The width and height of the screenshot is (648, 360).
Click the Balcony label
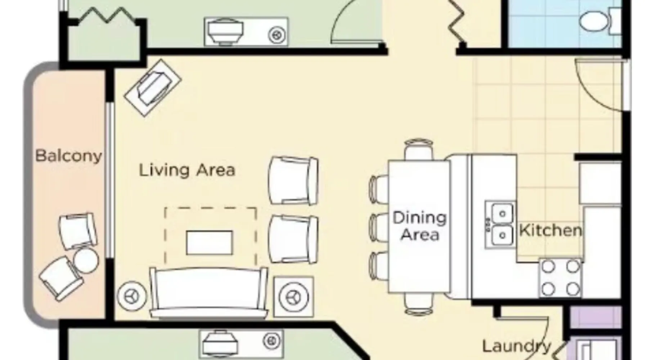pyautogui.click(x=69, y=156)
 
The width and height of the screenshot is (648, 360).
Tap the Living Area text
pyautogui.click(x=187, y=170)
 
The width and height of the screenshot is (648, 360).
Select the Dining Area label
pyautogui.click(x=420, y=226)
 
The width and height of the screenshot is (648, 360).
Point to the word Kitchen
pyautogui.click(x=550, y=230)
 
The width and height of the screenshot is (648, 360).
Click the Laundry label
pyautogui.click(x=517, y=346)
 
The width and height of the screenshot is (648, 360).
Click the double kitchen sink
pyautogui.click(x=499, y=225)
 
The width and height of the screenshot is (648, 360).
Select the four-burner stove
pyautogui.click(x=560, y=278)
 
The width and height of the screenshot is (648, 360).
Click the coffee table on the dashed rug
pyautogui.click(x=209, y=243)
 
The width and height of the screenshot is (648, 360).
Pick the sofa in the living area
pyautogui.click(x=209, y=293)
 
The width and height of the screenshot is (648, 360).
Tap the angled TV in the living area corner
pyautogui.click(x=153, y=88)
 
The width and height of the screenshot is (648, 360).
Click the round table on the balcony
pyautogui.click(x=86, y=260)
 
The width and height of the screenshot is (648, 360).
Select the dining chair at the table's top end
pyautogui.click(x=418, y=150)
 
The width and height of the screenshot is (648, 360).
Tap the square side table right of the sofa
pyautogui.click(x=293, y=297)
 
